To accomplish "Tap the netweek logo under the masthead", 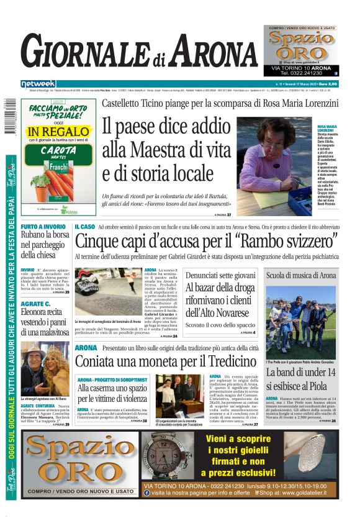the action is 38,83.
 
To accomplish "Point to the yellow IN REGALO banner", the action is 58,132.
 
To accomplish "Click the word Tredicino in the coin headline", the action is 222,362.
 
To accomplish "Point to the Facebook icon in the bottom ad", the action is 146,493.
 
